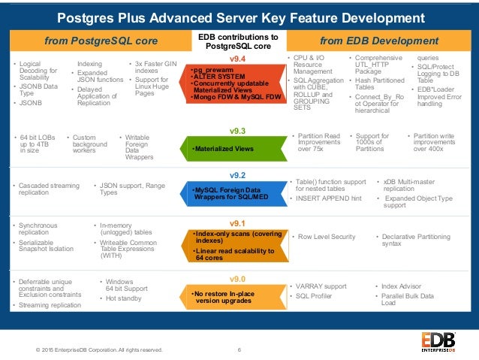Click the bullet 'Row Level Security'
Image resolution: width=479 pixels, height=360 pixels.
pos(327,236)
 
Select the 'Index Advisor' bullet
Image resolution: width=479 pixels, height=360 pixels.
pos(402,286)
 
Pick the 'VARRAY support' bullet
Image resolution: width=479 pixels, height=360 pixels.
pos(322,286)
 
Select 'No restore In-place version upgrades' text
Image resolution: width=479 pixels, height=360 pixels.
pos(221,297)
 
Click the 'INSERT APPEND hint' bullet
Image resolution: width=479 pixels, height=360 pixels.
pos(330,198)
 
